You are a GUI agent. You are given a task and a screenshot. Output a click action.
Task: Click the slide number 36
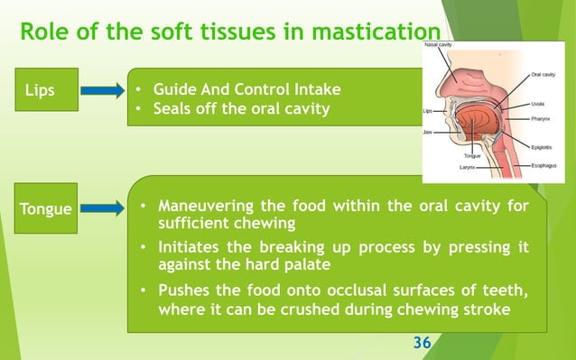point(422,343)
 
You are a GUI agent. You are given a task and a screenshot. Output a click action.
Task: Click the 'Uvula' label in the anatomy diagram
point(540,104)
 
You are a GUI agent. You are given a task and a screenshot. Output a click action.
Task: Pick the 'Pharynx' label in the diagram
point(543,116)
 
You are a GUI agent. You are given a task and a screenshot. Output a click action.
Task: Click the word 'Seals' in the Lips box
point(174,110)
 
